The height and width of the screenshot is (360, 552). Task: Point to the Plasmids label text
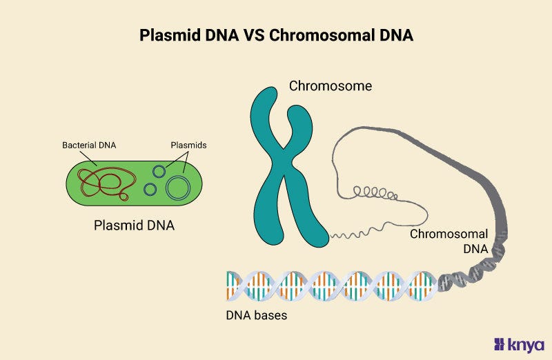[x=188, y=146]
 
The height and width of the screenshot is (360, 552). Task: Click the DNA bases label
[x=256, y=316]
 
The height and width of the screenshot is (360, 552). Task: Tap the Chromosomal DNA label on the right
[x=449, y=241]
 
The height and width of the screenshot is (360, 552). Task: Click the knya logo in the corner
[x=520, y=344]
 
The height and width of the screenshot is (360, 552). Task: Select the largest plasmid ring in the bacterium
[x=179, y=187]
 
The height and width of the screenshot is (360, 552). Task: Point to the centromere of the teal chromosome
[x=282, y=154]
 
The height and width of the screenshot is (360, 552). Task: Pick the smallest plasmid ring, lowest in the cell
[x=150, y=188]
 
